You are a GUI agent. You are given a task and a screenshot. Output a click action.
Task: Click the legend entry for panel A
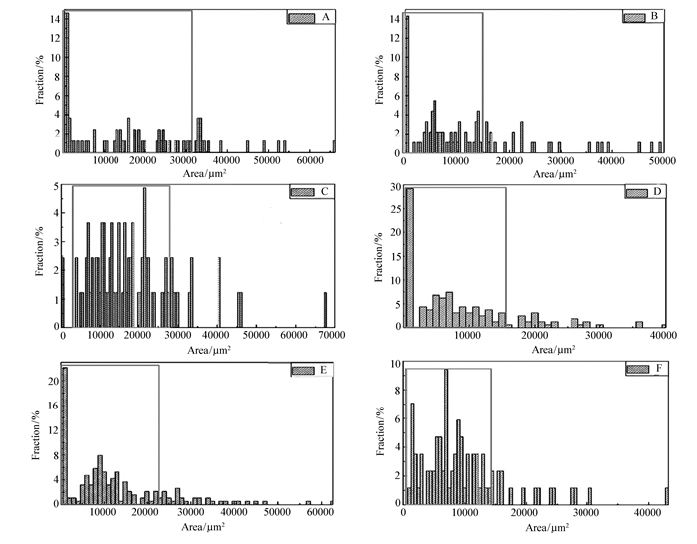[308, 18]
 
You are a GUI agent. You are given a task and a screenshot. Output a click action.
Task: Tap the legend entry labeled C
[310, 191]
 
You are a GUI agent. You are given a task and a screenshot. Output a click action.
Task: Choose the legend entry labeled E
[310, 371]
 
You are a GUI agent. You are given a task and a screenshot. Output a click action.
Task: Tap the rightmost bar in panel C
[325, 314]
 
